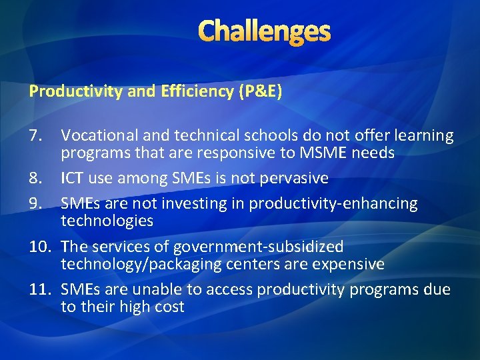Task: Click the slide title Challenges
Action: [264, 31]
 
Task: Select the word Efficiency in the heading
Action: [197, 91]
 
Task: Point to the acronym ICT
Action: [75, 179]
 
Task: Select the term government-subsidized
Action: [259, 247]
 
